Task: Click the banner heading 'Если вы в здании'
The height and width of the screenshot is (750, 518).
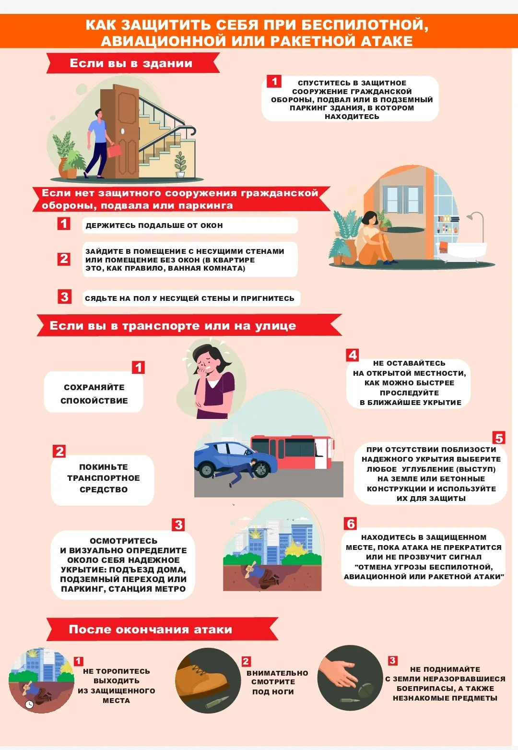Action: pos(131,63)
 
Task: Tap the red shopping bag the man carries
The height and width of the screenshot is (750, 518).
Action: pos(115,150)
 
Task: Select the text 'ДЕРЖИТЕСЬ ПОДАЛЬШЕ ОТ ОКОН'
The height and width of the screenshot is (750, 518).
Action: pos(154,226)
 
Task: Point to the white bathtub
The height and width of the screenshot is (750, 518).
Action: pos(462,249)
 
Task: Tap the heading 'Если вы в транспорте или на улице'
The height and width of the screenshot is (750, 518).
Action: pos(173,326)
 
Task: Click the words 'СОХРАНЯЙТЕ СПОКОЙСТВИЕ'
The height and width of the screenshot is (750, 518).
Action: pos(94,394)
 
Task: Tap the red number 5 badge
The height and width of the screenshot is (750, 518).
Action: pos(499,438)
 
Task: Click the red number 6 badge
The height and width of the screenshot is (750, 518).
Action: pos(350,524)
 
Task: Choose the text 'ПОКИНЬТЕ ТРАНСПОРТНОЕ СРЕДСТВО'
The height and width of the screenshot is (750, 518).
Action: pos(104,478)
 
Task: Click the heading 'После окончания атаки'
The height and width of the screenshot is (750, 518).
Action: pos(151,629)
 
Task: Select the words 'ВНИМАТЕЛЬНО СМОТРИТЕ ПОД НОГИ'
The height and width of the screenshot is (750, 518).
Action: pos(277,682)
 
